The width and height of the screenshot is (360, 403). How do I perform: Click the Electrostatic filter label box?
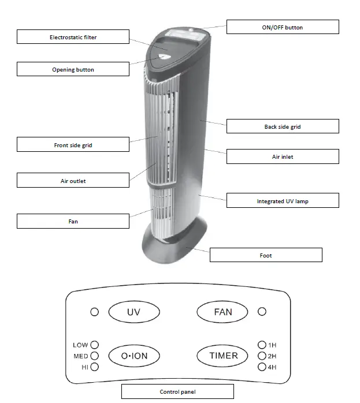(73, 37)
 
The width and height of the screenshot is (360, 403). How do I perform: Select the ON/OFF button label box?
(283, 27)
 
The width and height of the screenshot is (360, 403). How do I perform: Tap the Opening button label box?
(73, 69)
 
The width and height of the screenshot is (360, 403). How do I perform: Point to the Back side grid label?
(283, 126)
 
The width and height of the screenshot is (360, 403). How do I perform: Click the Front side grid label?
(73, 144)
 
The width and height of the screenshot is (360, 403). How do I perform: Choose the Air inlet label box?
(283, 156)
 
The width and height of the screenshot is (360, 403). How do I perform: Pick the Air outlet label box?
(73, 181)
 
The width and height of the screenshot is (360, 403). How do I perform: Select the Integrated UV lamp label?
(283, 201)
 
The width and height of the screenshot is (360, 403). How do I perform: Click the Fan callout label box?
(73, 221)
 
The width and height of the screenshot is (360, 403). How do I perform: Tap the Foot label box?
(266, 255)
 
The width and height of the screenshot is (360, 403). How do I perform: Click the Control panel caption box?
(177, 391)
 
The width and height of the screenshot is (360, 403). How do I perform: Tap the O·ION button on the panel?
(134, 356)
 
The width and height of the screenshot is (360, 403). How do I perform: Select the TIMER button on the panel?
(223, 355)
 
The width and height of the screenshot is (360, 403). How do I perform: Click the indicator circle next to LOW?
(95, 345)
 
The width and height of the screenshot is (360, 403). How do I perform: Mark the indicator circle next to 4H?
(262, 367)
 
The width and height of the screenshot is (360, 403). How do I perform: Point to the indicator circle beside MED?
(95, 356)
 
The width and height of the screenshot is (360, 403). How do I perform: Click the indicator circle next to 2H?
(262, 356)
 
